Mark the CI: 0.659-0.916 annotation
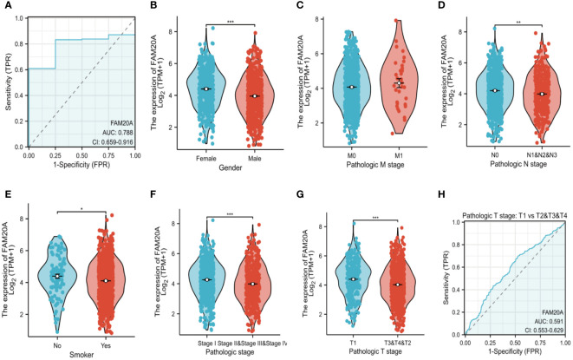point(107,132)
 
